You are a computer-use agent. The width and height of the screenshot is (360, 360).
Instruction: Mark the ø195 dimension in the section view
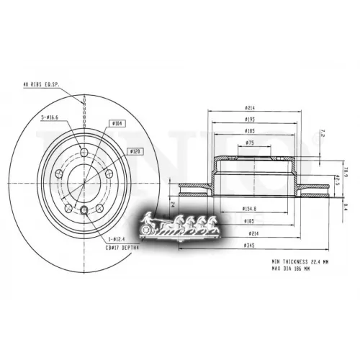248,120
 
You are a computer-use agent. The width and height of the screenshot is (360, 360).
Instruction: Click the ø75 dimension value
248,143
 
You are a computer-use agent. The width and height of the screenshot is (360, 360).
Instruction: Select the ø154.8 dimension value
249,209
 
